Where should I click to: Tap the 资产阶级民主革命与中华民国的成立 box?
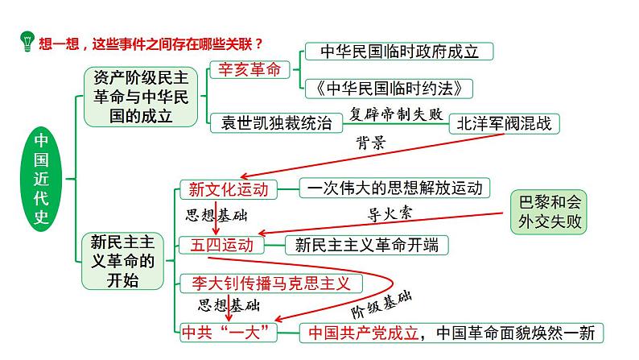[140, 96]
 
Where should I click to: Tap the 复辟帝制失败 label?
[396, 114]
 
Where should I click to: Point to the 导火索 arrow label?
[383, 213]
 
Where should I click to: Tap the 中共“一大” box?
[229, 332]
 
